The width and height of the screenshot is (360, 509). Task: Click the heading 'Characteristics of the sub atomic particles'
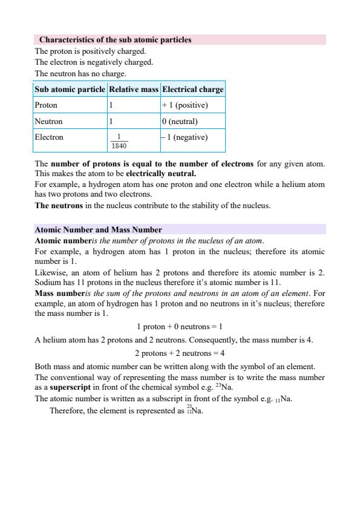(x=115, y=40)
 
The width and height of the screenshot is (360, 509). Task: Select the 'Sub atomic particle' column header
(x=70, y=90)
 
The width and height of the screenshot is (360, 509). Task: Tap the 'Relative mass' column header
(x=133, y=90)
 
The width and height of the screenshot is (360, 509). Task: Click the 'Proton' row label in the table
(x=46, y=105)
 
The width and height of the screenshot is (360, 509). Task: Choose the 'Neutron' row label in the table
(x=48, y=121)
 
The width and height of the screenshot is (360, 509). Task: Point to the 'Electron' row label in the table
(x=49, y=137)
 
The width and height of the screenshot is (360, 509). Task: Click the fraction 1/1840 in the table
(x=119, y=141)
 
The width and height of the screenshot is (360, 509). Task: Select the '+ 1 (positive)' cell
(x=185, y=105)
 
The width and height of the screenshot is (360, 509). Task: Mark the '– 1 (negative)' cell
(x=185, y=137)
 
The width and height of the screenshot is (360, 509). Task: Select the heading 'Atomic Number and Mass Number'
(x=98, y=230)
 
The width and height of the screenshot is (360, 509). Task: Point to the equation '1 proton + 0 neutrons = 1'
(x=180, y=326)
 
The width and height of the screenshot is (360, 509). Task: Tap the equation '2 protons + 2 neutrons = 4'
(x=180, y=353)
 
